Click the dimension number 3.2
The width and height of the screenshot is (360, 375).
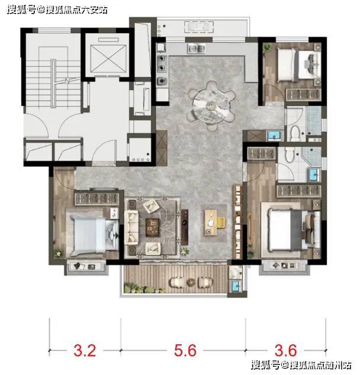(85, 350)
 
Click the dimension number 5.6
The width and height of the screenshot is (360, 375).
(185, 350)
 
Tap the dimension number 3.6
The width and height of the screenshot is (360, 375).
(286, 350)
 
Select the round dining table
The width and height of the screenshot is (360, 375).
(210, 105)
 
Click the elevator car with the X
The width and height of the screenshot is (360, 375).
(108, 59)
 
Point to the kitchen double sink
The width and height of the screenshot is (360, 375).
(196, 48)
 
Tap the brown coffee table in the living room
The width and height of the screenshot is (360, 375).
(153, 227)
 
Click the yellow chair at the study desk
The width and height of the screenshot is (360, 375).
(221, 222)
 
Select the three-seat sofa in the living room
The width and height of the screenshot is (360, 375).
(131, 228)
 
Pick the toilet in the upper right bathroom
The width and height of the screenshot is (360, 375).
(295, 133)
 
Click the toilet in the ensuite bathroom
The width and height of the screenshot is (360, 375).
(290, 154)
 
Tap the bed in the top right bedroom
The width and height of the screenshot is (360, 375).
(299, 64)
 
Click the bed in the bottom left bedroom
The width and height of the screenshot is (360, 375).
(95, 235)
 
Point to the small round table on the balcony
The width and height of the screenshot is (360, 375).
(191, 282)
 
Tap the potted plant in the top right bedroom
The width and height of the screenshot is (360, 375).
(266, 47)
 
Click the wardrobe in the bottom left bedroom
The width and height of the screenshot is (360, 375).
(97, 198)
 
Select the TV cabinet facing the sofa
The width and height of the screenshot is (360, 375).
(185, 227)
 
